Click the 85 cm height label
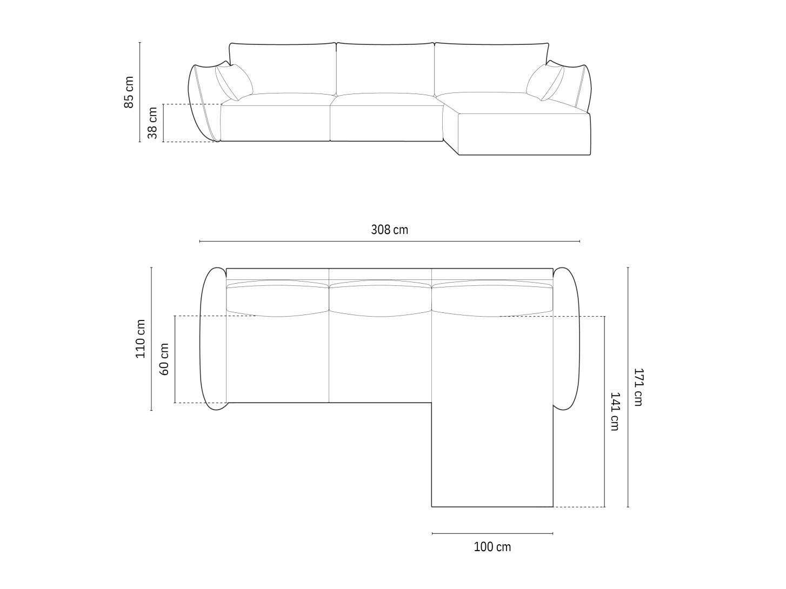click(129, 92)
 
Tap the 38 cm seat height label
click(152, 123)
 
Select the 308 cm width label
click(390, 230)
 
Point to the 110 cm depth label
click(141, 338)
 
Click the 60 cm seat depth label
click(164, 359)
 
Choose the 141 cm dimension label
click(615, 412)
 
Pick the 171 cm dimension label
click(638, 387)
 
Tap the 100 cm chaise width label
click(492, 547)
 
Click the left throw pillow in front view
click(234, 82)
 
